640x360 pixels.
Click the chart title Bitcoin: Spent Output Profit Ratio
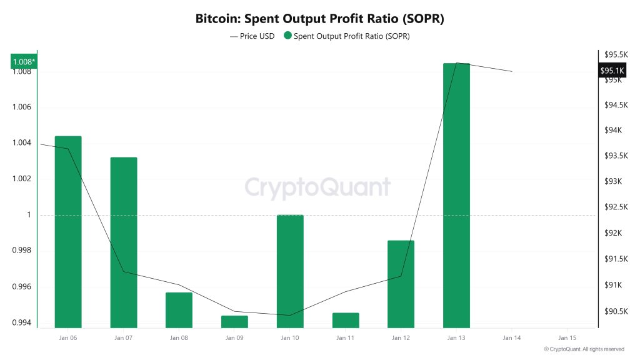click(x=319, y=19)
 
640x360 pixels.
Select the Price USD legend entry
click(x=252, y=36)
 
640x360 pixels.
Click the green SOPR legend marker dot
click(x=287, y=36)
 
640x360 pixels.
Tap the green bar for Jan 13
click(x=456, y=195)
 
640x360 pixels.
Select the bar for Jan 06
click(x=68, y=231)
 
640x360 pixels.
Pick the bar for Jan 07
click(x=124, y=242)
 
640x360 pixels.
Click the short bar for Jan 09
click(x=234, y=321)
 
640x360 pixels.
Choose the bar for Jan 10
click(x=290, y=271)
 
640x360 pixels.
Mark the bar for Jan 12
click(x=401, y=284)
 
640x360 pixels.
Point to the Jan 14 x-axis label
click(x=511, y=337)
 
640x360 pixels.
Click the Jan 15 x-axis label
click(x=567, y=337)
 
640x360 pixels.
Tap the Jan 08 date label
click(x=179, y=337)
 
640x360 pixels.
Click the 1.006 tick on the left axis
click(x=21, y=107)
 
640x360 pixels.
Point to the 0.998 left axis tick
click(x=21, y=251)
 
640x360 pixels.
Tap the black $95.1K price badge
click(x=612, y=71)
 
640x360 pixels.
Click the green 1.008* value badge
click(x=24, y=61)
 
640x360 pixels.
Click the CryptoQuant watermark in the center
click(x=317, y=187)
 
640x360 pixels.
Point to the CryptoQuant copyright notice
click(x=584, y=349)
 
